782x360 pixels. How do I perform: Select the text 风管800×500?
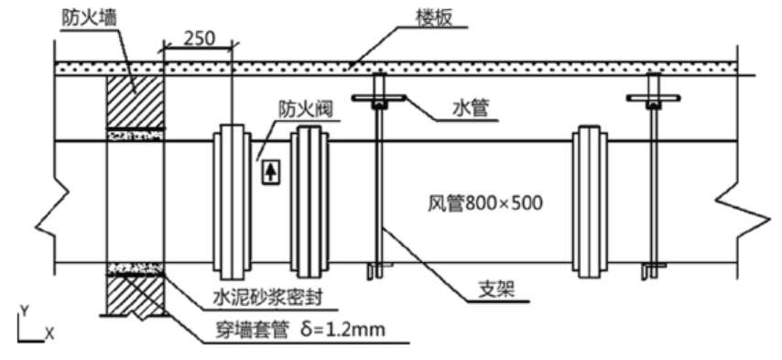pos(483,203)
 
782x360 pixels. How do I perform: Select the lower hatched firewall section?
pos(136,291)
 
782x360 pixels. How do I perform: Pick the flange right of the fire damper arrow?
pos(310,202)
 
